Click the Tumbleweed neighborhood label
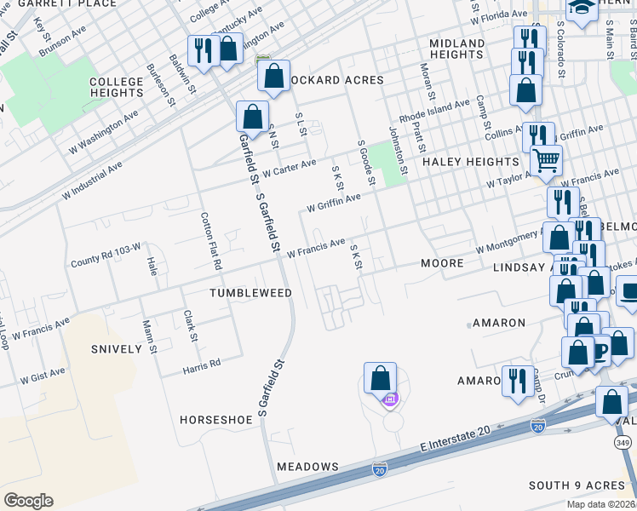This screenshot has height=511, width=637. [251, 293]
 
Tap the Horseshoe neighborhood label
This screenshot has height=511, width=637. [216, 420]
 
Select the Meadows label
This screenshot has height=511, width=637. [307, 467]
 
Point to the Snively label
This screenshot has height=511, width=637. [115, 349]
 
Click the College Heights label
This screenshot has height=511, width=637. [117, 88]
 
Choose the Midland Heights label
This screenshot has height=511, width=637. [456, 49]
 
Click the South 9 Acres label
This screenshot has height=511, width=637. [577, 485]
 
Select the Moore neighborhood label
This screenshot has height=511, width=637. [443, 263]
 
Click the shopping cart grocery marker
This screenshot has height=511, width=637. [546, 158]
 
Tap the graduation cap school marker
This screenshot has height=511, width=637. [582, 10]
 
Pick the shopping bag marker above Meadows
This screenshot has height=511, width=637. [380, 376]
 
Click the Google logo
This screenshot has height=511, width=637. [28, 501]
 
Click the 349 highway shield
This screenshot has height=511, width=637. [623, 443]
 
